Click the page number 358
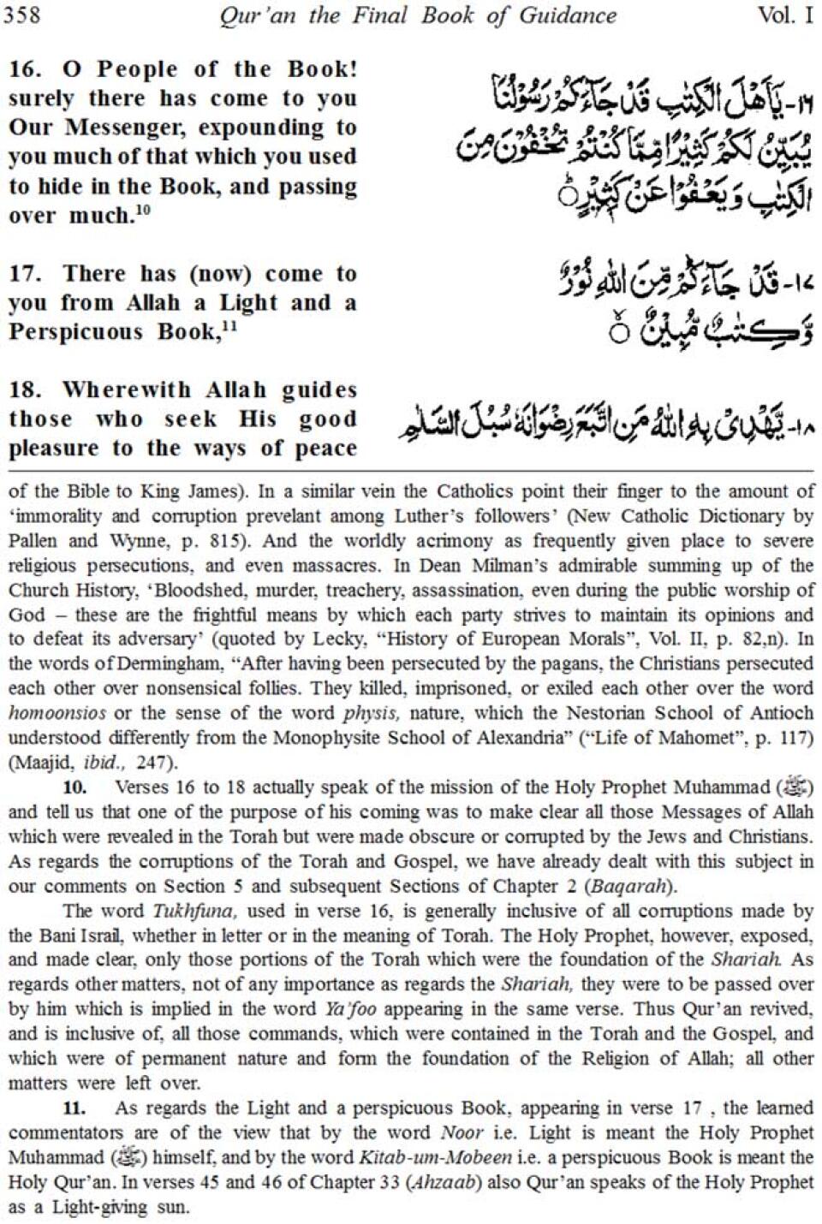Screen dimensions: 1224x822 point(21,15)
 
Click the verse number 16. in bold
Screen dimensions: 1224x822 point(26,70)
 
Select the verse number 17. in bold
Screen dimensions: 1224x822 point(26,275)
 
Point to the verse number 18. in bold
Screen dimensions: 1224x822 point(26,390)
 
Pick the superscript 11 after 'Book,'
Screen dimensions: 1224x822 point(230,326)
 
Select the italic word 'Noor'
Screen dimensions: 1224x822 point(462,1132)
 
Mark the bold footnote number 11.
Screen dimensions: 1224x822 point(75,1108)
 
